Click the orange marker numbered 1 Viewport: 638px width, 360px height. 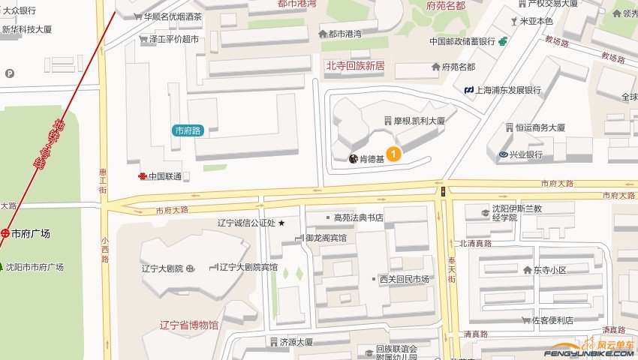coord(393,154)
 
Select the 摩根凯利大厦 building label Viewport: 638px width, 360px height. coord(420,120)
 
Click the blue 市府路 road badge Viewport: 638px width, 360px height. coord(188,130)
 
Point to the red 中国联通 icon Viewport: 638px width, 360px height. coord(142,176)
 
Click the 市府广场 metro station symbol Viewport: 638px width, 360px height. coord(5,233)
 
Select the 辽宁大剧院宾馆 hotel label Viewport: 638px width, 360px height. coord(247,267)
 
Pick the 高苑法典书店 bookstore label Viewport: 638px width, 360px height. coord(359,217)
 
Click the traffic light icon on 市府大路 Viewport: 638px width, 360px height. coord(443,191)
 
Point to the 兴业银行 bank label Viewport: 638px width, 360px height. coord(525,154)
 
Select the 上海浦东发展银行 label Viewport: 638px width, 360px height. coord(507,90)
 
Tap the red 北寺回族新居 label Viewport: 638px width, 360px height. coord(354,66)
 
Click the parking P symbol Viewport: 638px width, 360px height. coord(10,73)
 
